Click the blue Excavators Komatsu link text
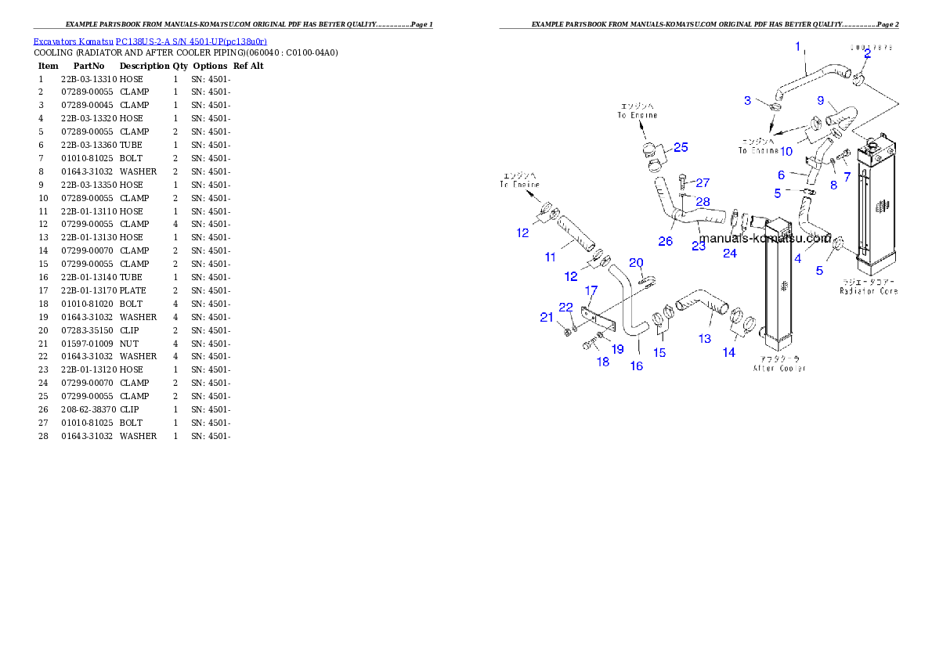pos(150,41)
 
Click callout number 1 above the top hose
pos(798,47)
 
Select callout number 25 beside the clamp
pos(681,147)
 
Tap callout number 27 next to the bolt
pos(703,183)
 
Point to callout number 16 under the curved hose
pos(637,366)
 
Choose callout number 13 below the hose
pos(705,338)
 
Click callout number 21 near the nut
pos(547,317)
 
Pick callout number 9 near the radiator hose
pos(821,101)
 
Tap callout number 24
pos(730,253)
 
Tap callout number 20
pos(636,262)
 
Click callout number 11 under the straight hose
pos(551,257)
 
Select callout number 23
pos(699,245)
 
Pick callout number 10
pos(786,150)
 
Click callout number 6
pos(781,175)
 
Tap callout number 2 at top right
pos(867,55)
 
